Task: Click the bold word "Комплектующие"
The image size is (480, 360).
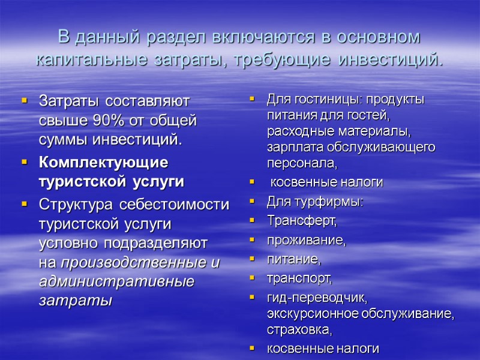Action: pos(103,162)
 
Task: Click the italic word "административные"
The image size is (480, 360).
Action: pos(116,281)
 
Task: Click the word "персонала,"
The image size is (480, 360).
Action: pos(301,162)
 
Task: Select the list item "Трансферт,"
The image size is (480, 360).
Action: pos(302,221)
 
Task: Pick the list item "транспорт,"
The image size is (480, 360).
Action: pos(299,278)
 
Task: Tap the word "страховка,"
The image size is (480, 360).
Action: pos(299,329)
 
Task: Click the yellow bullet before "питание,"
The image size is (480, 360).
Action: pos(253,260)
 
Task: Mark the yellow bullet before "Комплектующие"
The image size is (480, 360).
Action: pos(25,162)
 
